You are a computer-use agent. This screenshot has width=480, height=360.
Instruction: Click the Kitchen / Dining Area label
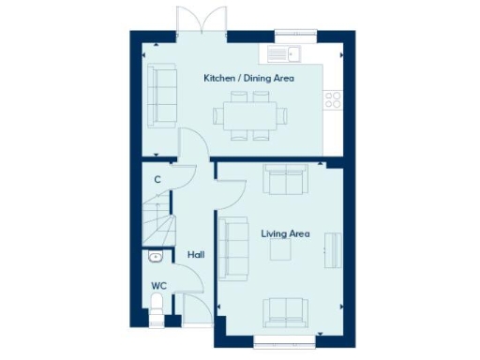(248, 78)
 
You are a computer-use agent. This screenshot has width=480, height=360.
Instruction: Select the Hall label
(196, 254)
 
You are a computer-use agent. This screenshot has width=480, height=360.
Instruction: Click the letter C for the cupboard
(157, 179)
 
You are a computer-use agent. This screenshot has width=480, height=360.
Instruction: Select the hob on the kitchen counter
(333, 97)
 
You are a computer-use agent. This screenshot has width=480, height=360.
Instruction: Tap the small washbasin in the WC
(155, 257)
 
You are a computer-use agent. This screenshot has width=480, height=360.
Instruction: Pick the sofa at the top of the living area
(283, 179)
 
